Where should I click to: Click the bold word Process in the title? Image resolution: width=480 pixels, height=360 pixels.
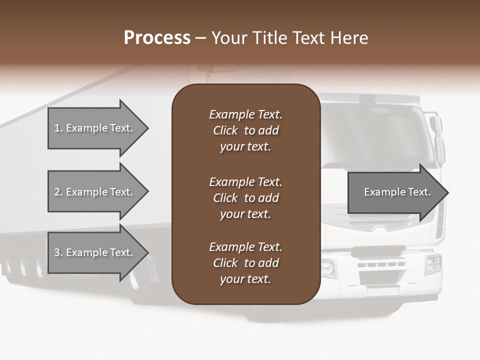click(x=157, y=38)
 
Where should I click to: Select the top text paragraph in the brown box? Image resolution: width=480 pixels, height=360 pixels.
click(x=245, y=130)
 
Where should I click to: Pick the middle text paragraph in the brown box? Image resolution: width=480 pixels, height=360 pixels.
click(x=245, y=198)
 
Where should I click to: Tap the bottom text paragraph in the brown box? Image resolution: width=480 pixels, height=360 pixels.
click(x=245, y=263)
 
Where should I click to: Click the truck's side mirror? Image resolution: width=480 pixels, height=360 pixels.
click(x=438, y=140)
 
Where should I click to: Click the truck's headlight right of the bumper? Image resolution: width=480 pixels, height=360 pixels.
click(x=433, y=264)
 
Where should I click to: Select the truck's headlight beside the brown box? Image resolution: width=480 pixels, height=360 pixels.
click(x=328, y=268)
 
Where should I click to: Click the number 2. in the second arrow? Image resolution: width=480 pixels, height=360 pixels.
click(x=58, y=192)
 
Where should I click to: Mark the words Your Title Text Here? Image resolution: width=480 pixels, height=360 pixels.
click(x=289, y=38)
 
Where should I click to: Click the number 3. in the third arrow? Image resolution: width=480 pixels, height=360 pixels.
click(x=58, y=252)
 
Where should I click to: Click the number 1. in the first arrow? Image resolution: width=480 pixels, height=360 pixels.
click(x=58, y=128)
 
